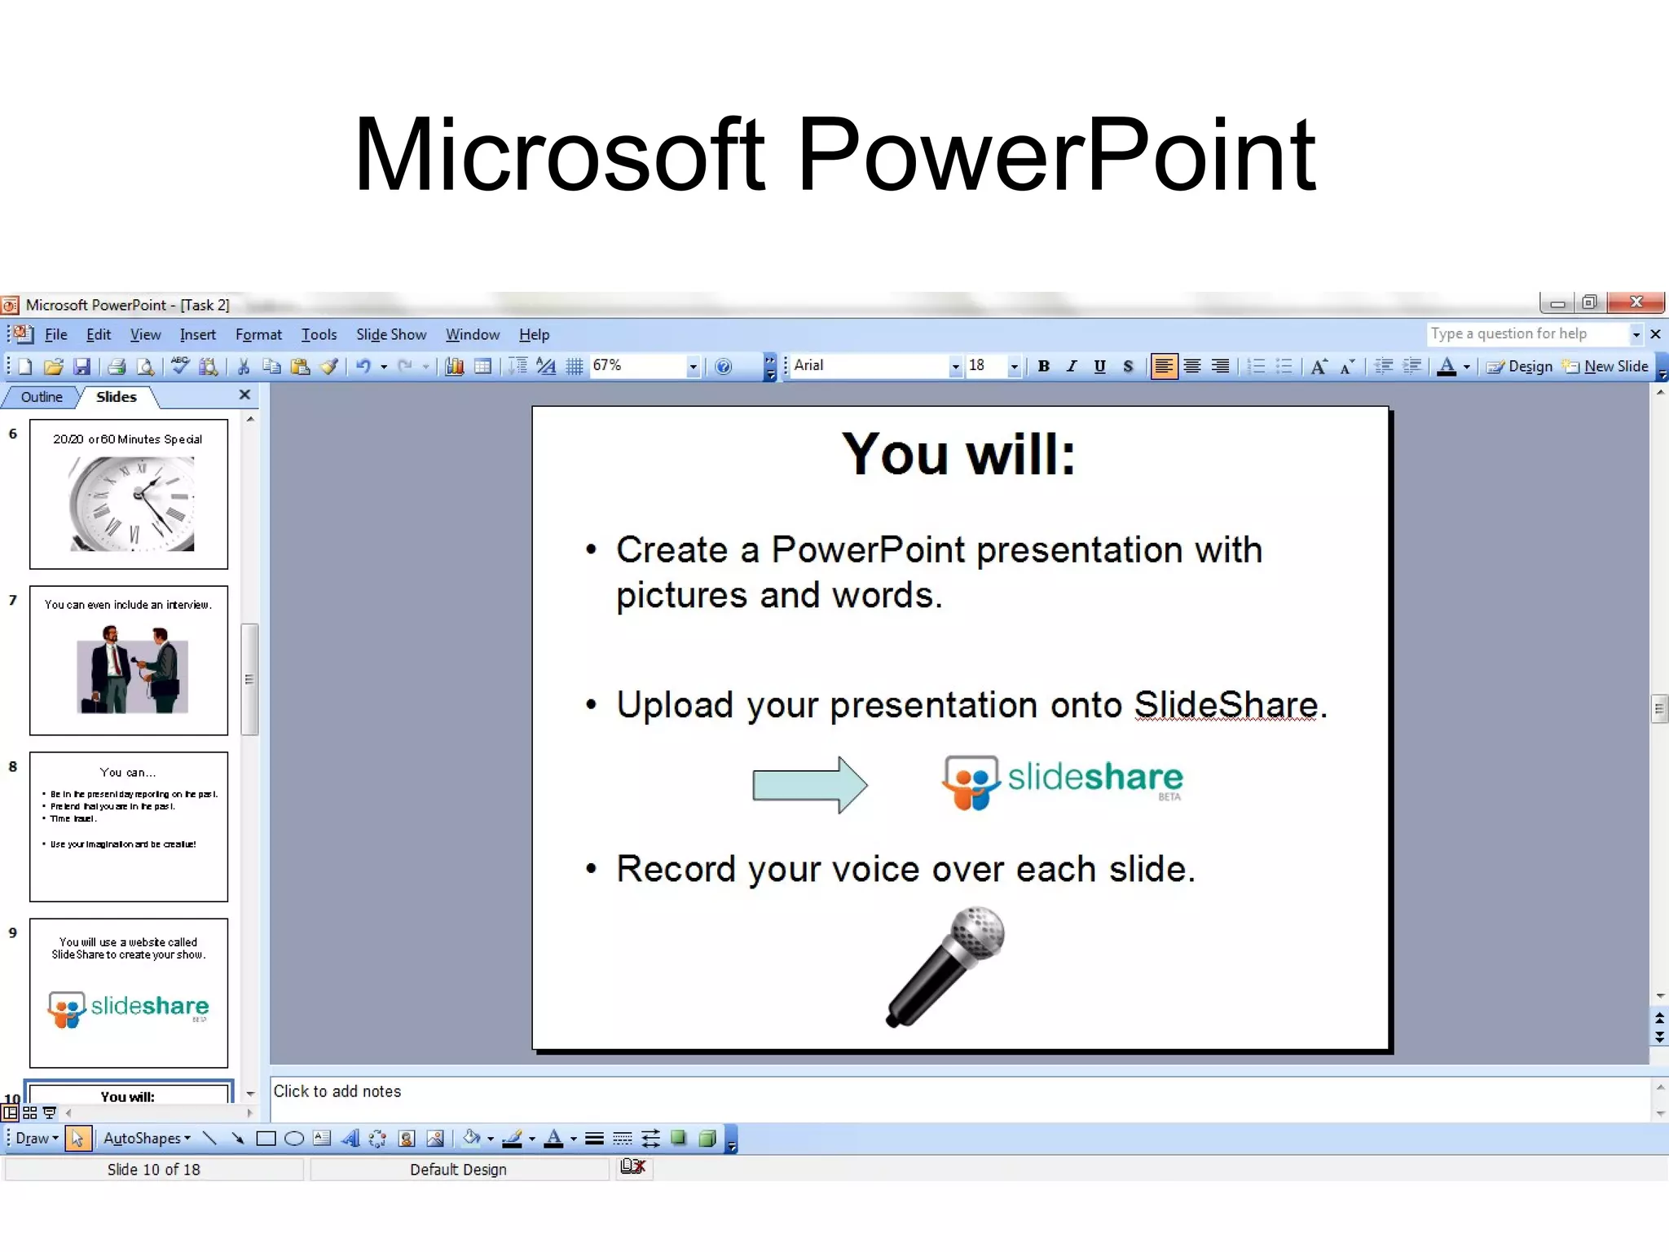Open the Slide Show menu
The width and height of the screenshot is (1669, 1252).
pos(390,334)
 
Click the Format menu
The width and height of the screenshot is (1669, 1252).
pos(258,334)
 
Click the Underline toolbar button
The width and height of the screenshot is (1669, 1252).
pos(1099,366)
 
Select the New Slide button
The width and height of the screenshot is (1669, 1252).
pos(1606,366)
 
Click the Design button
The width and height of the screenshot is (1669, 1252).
pos(1520,366)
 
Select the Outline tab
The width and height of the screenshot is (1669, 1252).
pos(42,397)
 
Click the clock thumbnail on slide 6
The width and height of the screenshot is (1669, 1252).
pos(132,503)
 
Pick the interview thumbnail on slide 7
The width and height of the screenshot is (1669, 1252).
pos(132,668)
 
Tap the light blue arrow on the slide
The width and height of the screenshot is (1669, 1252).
pos(809,784)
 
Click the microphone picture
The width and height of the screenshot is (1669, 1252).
pos(946,967)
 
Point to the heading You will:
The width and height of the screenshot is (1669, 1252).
pos(959,453)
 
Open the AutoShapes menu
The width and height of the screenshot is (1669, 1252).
pos(147,1139)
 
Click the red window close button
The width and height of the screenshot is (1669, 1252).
pos(1636,302)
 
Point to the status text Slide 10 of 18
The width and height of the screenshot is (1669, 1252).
pos(153,1170)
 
